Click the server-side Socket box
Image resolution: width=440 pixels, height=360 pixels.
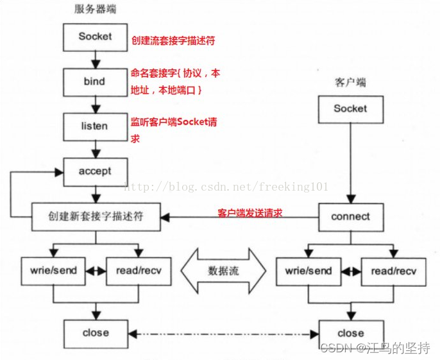coord(95,37)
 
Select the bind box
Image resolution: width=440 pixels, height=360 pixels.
coord(95,82)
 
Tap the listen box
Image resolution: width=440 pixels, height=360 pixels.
coord(95,126)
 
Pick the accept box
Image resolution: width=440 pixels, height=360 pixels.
coord(95,171)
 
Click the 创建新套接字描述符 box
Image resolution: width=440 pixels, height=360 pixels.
coord(96,217)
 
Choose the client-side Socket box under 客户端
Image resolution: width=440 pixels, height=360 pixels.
coord(350,109)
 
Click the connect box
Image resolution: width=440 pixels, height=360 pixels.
coord(350,217)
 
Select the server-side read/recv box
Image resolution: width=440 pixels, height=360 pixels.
coord(139,270)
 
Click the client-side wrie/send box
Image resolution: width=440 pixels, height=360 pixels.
coord(309,270)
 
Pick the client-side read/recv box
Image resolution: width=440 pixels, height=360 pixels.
coord(393,270)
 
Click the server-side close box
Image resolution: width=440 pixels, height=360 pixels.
coord(96,333)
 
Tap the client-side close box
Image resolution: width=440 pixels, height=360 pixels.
coord(350,333)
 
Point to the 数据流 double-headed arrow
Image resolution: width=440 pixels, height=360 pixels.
coord(223,271)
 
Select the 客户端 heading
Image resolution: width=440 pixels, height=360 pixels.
coord(350,83)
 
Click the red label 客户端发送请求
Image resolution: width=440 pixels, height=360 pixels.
coord(250,212)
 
